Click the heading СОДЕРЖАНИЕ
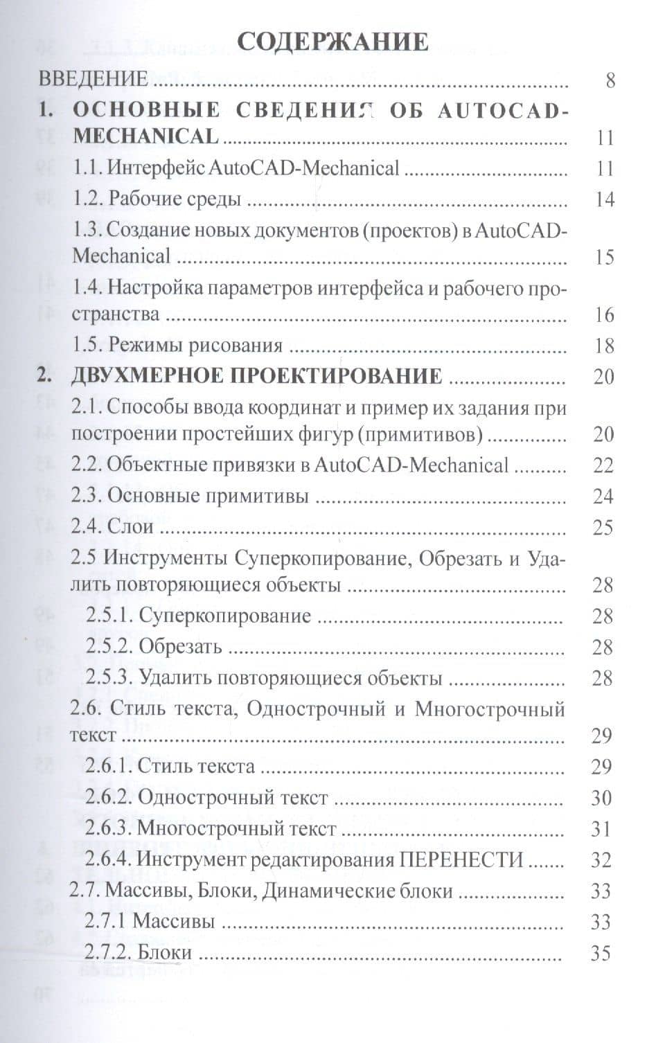(332, 42)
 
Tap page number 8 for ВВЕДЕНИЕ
(610, 80)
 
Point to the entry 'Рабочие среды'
(175, 199)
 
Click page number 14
(604, 199)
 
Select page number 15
(604, 257)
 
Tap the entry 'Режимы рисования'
(195, 346)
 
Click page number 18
(604, 346)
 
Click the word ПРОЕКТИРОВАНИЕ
(332, 376)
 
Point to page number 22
(603, 465)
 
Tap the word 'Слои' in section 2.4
(131, 528)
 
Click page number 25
(603, 528)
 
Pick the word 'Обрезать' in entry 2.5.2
(180, 647)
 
